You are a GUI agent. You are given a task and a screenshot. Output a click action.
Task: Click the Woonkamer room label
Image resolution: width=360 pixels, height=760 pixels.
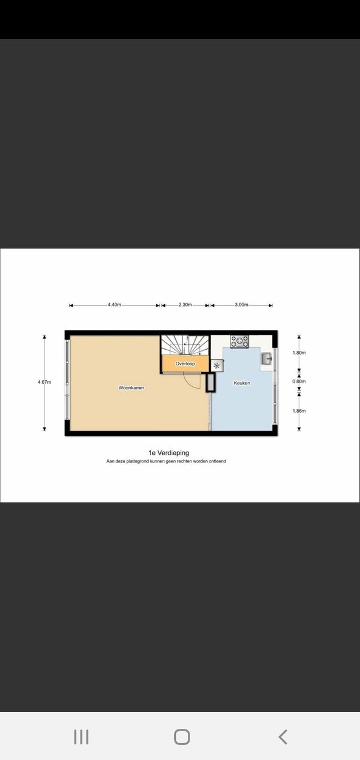point(131,387)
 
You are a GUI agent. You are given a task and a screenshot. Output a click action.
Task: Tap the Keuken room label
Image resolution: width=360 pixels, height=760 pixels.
point(242,383)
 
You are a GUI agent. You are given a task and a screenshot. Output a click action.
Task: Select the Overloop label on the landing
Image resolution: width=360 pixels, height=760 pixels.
point(185,364)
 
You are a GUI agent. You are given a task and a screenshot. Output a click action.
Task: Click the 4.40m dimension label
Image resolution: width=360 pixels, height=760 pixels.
point(115,304)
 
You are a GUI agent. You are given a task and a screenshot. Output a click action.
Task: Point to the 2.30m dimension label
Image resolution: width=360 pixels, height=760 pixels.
point(185,304)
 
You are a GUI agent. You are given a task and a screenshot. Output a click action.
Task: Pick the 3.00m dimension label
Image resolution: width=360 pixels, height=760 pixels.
point(242,304)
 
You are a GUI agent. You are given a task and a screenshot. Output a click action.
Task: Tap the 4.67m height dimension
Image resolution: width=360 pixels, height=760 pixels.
point(44,382)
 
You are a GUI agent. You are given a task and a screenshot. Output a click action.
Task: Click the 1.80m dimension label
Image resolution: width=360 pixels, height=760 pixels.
point(299,353)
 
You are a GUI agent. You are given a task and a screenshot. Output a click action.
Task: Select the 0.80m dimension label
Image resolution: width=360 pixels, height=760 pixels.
point(299,381)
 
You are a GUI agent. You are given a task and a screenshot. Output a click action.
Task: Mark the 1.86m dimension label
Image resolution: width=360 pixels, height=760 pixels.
point(299,410)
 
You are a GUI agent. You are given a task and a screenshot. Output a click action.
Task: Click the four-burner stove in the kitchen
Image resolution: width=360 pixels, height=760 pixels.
point(239,341)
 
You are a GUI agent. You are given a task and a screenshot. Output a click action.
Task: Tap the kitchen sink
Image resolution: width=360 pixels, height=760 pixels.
point(266,358)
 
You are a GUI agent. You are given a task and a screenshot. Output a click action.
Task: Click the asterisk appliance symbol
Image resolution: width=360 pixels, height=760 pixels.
point(217,366)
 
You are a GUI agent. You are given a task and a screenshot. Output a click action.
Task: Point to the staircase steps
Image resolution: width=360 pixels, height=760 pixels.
point(185,345)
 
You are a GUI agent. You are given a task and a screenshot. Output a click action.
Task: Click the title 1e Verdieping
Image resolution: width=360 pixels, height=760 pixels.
point(169,452)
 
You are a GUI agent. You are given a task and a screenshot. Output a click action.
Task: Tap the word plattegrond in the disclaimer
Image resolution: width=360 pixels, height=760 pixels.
point(137,461)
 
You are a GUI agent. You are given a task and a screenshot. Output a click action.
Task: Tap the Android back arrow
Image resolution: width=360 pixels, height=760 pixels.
point(283,737)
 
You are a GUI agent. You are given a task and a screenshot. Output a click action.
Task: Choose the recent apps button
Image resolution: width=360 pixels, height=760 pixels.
point(82,737)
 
